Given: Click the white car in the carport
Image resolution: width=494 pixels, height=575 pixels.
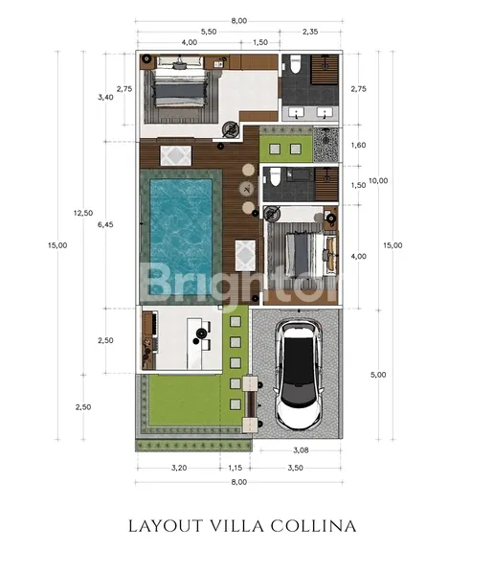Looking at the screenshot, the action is click(299, 375).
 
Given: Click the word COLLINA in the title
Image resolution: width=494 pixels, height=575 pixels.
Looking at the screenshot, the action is click(314, 526).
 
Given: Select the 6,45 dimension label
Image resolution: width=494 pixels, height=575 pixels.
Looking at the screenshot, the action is click(105, 224).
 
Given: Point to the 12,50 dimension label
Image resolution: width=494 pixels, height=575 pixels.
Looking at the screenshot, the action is click(83, 213).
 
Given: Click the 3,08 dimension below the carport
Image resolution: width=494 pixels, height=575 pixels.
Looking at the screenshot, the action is click(301, 450).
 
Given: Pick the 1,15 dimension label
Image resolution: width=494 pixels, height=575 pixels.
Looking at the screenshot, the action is click(235, 468).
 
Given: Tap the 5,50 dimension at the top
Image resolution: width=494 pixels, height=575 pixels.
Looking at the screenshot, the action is click(209, 32).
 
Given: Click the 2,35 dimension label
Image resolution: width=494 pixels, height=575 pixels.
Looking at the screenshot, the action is click(310, 32).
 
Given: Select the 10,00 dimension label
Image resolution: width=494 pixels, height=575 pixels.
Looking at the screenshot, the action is click(378, 180).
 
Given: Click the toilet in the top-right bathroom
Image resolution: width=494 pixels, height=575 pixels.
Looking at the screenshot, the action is click(295, 64).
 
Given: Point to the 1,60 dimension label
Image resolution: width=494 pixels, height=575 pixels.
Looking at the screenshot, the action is click(358, 145).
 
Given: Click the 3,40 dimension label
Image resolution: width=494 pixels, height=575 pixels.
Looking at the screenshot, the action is click(105, 97).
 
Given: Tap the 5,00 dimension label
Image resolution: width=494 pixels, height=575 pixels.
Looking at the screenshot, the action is click(378, 375).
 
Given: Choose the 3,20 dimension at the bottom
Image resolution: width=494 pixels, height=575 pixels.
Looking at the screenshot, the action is click(179, 468).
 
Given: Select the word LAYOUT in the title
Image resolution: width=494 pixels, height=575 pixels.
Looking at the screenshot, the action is click(166, 526).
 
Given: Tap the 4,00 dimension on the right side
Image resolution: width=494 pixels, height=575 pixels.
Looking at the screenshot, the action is click(358, 256).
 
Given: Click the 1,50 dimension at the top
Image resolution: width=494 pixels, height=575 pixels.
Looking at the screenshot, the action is click(260, 42).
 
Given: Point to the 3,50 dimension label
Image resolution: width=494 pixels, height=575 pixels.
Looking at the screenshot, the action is click(296, 468).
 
